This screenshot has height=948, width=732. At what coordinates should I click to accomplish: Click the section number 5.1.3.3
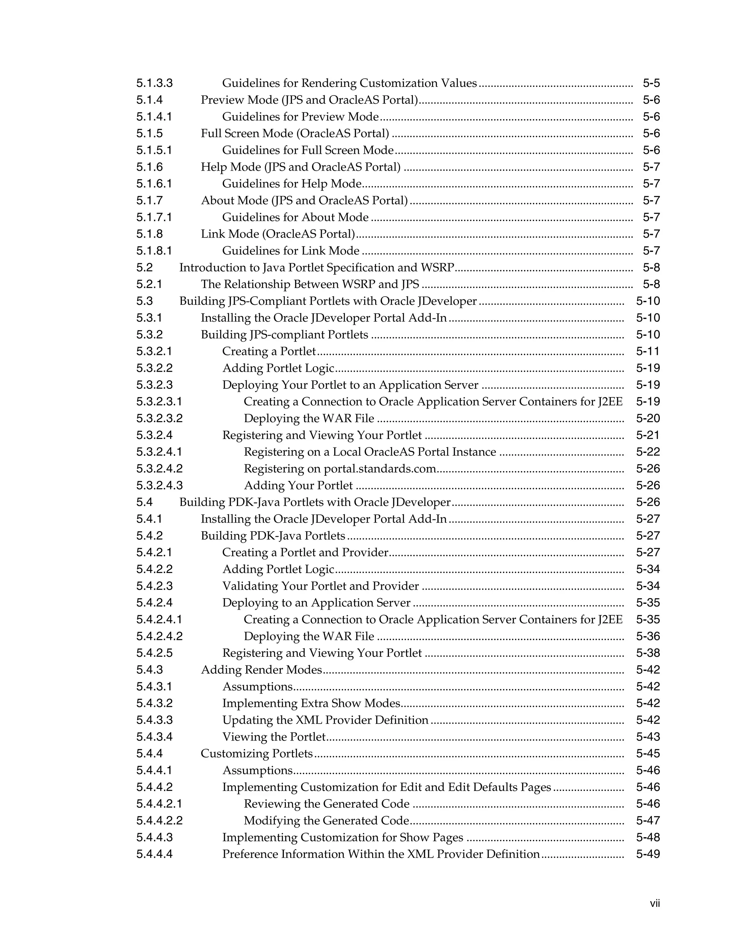[154, 83]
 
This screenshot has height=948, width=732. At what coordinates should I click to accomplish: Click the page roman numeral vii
[654, 903]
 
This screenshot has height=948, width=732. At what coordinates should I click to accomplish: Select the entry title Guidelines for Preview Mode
[301, 116]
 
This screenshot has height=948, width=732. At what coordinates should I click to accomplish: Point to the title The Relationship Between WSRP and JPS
[310, 284]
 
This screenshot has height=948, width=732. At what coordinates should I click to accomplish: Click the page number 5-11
[648, 351]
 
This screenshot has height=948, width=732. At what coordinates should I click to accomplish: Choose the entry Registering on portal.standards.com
[340, 469]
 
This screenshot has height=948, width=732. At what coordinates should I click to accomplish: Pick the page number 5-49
[648, 854]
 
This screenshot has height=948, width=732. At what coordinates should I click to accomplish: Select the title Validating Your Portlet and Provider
[321, 586]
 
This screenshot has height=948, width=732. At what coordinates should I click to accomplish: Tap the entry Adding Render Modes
[262, 670]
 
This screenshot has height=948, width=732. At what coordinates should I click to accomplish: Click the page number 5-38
[648, 653]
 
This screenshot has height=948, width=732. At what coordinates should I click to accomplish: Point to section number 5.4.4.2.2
[159, 820]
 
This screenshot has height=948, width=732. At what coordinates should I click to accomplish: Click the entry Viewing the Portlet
[274, 737]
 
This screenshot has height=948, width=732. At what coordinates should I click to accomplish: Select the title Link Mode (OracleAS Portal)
[278, 234]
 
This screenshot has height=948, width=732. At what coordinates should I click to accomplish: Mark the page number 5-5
[651, 83]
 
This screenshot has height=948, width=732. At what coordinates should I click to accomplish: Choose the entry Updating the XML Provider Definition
[325, 720]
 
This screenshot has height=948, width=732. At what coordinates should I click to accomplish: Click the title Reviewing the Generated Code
[327, 804]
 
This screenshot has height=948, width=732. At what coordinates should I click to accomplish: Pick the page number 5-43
[648, 737]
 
